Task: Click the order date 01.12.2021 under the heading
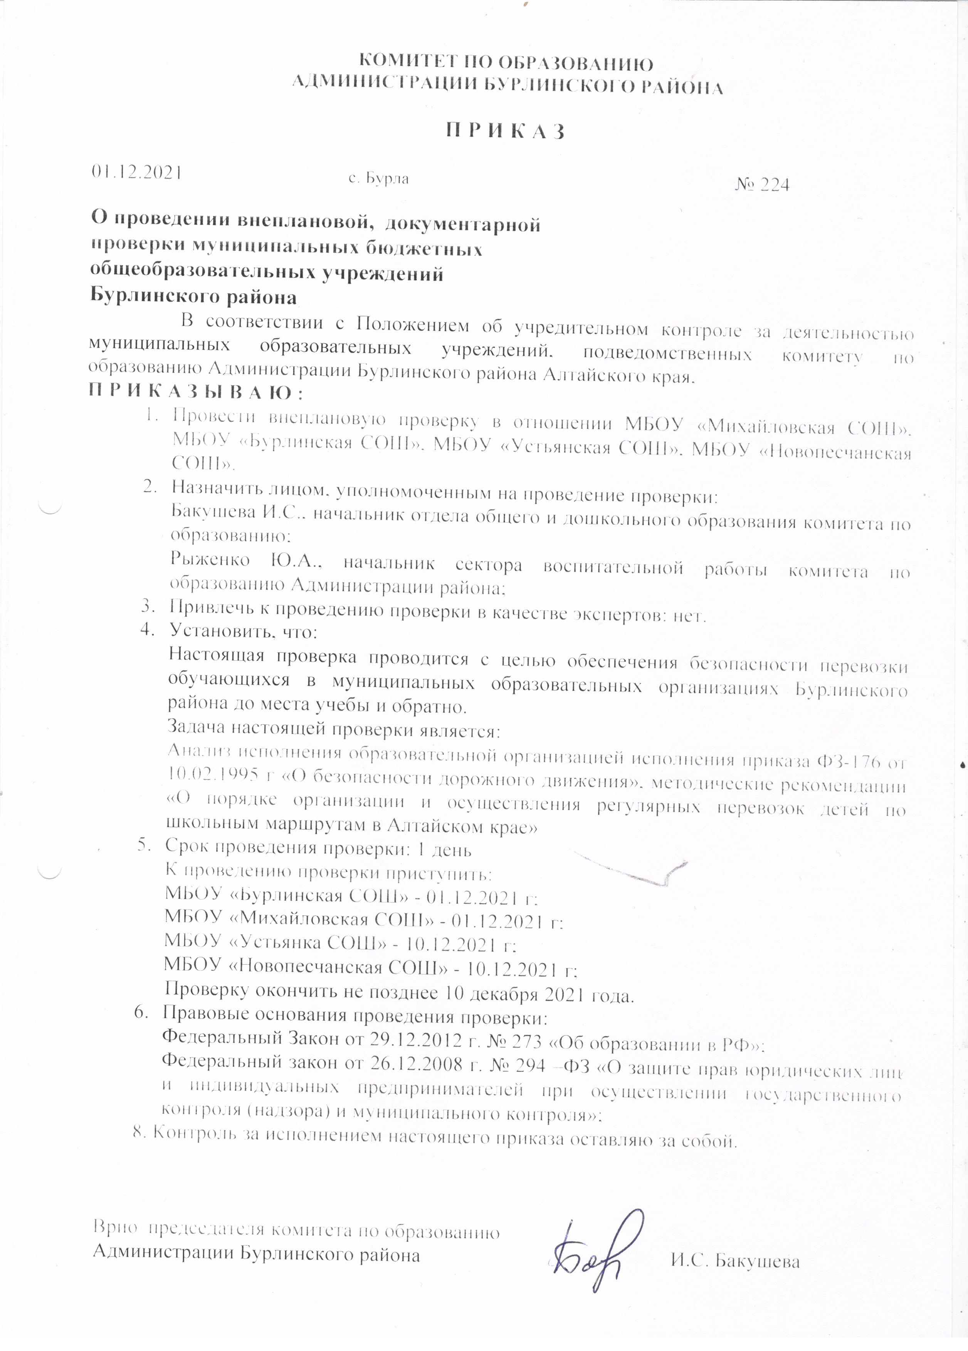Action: click(x=135, y=171)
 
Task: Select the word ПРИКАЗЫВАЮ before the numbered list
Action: click(x=196, y=393)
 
